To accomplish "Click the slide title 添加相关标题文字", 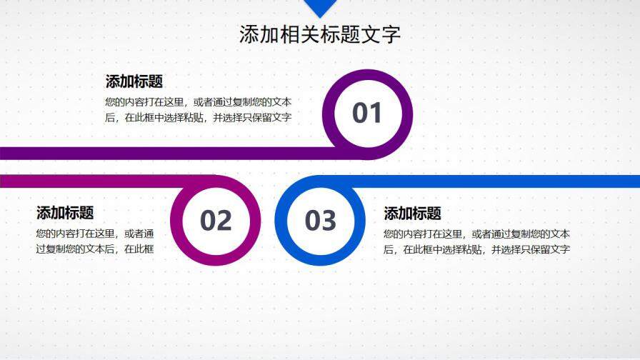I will coord(320,34).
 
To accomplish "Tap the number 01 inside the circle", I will coord(367,114).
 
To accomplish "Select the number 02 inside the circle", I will coord(216,221).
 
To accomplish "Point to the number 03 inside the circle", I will coord(320,221).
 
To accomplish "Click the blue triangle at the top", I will coord(320,7).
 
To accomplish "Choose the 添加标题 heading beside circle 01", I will coord(134,81).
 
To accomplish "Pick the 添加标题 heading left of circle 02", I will coord(65,213).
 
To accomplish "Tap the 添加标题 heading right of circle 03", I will coord(413,214).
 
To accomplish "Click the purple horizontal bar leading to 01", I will coord(143,153).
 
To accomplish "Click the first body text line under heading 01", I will coord(198,101).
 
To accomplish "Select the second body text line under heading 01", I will coord(198,118).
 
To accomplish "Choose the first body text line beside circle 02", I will coord(95,233).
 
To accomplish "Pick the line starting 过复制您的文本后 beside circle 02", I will coord(95,249).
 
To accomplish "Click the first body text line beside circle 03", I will coord(476,233).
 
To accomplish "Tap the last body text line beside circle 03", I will coord(476,249).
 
